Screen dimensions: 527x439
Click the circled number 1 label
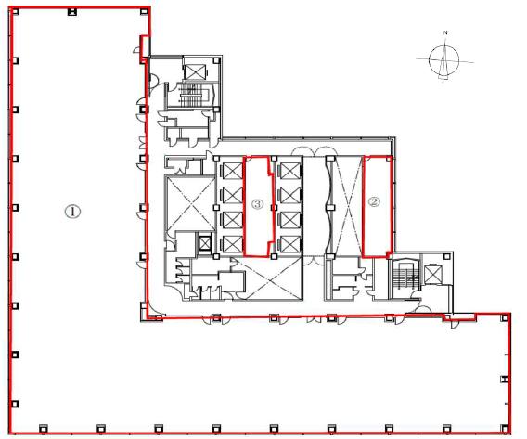[72, 212]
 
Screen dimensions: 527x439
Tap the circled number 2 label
[374, 201]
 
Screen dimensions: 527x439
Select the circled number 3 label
[257, 203]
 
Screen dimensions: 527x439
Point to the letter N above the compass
[445, 32]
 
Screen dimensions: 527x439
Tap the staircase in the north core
[192, 95]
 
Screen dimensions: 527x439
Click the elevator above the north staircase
[194, 72]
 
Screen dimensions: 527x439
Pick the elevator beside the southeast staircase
[431, 274]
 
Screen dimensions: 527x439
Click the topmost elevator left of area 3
[233, 171]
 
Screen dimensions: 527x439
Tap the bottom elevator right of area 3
[289, 244]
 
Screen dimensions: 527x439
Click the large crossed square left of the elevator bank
[190, 203]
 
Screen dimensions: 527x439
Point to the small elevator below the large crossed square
[204, 242]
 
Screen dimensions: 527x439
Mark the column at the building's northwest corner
[15, 12]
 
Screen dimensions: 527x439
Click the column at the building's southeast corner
[504, 428]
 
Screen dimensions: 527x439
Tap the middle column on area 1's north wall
[72, 12]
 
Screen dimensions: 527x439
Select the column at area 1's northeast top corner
[144, 12]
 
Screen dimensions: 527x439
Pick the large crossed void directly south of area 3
[269, 278]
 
